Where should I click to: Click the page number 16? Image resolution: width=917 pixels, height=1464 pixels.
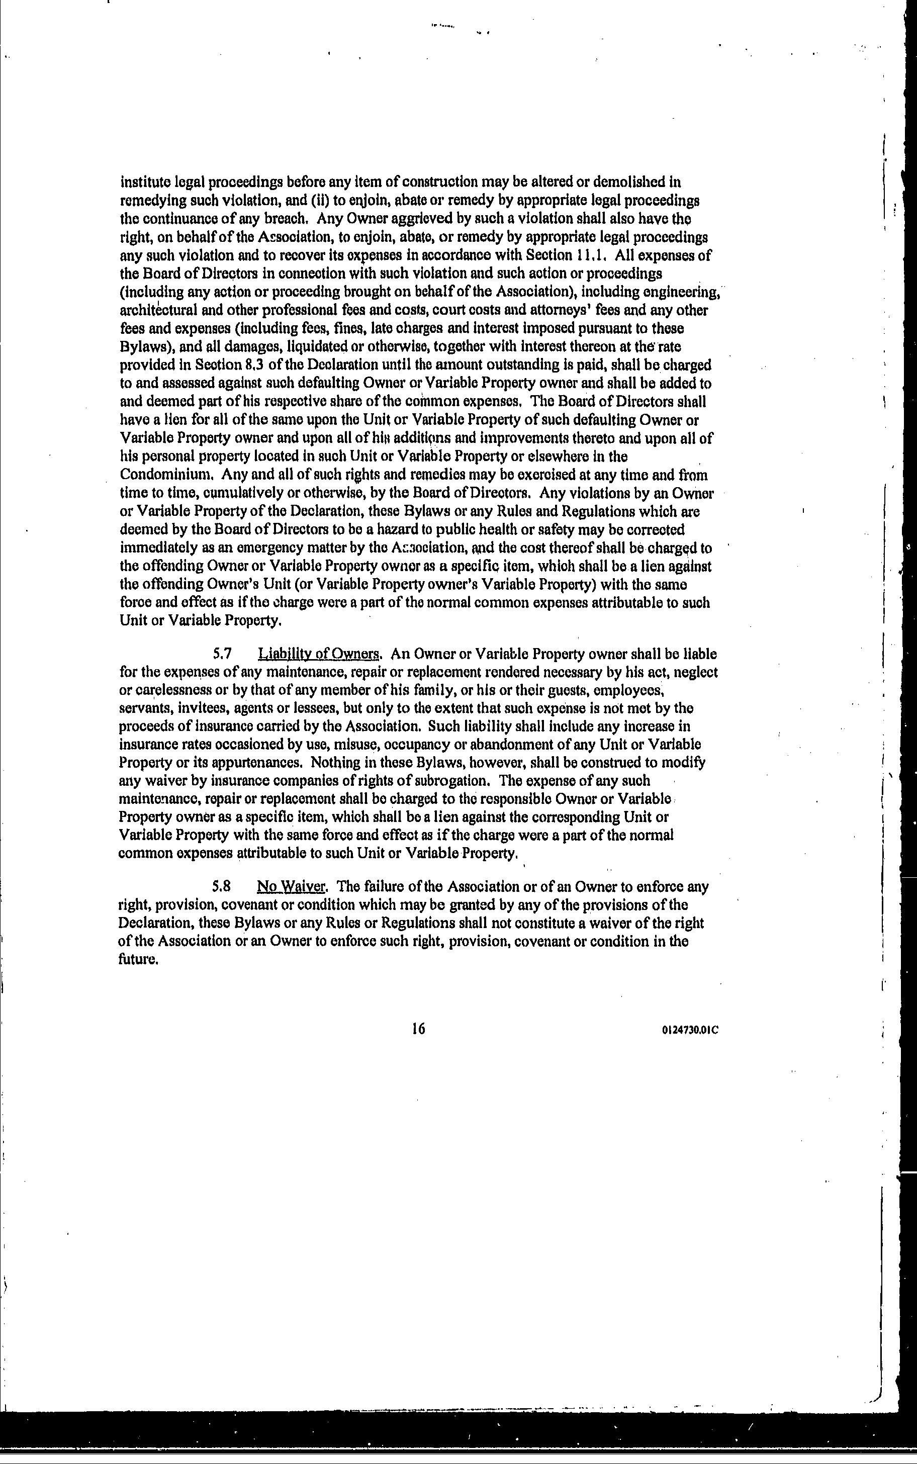[x=418, y=1029]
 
